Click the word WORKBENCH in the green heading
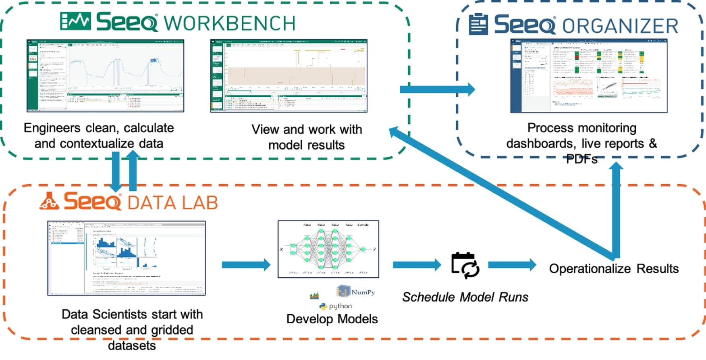click(x=230, y=23)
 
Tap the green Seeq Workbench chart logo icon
click(x=75, y=21)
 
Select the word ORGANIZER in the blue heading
click(x=620, y=26)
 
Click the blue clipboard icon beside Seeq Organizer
click(x=478, y=24)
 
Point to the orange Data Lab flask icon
click(x=49, y=201)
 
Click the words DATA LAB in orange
click(x=173, y=203)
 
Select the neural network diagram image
click(x=328, y=249)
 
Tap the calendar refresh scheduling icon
click(x=465, y=265)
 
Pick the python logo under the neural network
click(x=336, y=306)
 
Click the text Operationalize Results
click(x=613, y=268)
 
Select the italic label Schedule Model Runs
click(x=465, y=297)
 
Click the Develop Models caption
click(x=332, y=319)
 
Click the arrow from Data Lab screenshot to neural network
click(x=246, y=265)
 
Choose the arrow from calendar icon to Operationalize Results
click(x=512, y=265)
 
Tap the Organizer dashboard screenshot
click(x=589, y=76)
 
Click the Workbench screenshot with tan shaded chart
click(x=289, y=76)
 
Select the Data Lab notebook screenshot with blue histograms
click(x=127, y=258)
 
